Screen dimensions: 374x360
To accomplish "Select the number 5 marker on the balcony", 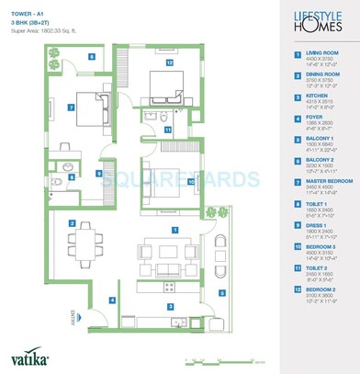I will coord(222,294).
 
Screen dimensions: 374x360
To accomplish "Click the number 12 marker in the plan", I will coord(169,63).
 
